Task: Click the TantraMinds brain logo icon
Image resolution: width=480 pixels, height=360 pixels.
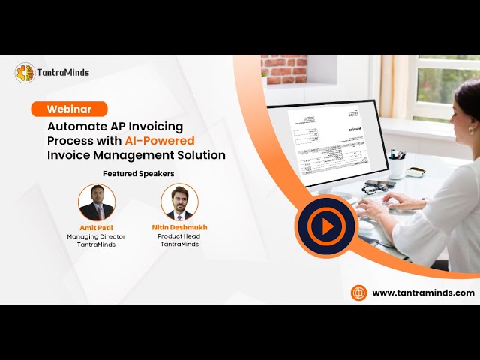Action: coord(25,73)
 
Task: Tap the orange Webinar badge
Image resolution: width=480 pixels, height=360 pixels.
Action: coord(69,109)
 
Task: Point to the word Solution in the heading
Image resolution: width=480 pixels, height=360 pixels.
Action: coord(199,155)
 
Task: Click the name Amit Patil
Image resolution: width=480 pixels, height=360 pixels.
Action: coord(96,227)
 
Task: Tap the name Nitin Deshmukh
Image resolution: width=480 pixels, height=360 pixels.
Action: coord(179,227)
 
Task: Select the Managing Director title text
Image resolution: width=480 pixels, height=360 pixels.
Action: coord(96,236)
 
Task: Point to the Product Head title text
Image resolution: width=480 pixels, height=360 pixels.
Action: coord(179,236)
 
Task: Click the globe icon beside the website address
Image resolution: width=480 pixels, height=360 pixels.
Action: coord(359,292)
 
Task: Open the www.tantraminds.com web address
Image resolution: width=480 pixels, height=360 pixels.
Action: coord(423,292)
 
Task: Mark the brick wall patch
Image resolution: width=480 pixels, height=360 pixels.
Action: coord(284,69)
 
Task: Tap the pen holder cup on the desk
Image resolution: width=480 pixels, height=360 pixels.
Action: coord(397,166)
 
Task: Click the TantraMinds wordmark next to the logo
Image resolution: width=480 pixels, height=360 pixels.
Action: coord(63,73)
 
